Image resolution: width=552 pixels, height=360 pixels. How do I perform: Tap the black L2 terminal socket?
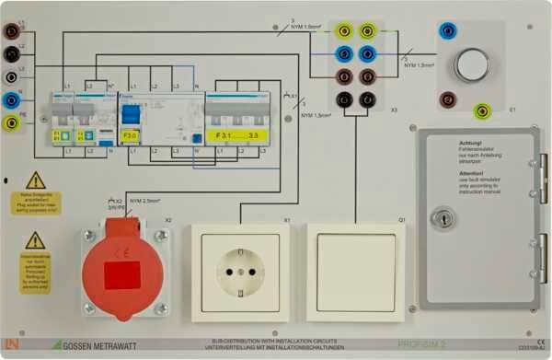11,53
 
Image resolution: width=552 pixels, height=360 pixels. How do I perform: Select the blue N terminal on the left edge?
11,99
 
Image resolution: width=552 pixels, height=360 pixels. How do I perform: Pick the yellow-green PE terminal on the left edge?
11,122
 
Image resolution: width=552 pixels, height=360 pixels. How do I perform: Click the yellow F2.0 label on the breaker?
131,135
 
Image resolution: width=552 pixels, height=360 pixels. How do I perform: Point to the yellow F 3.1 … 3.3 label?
236,135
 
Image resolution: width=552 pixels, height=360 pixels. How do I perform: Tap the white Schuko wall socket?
240,272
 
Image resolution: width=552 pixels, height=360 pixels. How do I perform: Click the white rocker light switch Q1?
355,272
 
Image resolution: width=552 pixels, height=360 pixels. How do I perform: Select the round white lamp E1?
472,64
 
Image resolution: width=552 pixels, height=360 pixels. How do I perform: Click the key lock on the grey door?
441,218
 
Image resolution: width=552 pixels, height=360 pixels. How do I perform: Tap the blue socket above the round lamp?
448,30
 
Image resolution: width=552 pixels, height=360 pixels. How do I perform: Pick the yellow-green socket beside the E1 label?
482,112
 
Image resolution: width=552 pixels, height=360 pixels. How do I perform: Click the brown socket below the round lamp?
448,99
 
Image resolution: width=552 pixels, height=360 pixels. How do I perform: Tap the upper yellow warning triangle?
35,181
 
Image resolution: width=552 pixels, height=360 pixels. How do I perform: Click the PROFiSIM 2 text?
422,343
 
